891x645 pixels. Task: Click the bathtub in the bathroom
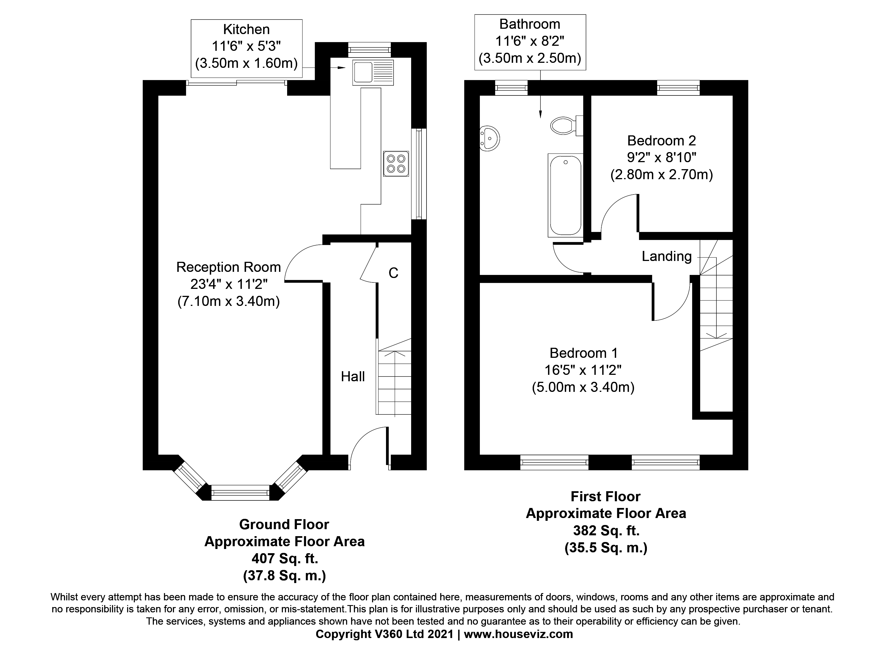(565, 195)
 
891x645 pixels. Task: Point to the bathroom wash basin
(489, 138)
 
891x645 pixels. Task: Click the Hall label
(352, 377)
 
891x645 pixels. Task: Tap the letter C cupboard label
(393, 273)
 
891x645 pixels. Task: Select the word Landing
(666, 256)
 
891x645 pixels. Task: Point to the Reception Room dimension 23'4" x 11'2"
(229, 284)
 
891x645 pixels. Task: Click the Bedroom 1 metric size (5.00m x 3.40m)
(583, 387)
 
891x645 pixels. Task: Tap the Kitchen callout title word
(246, 29)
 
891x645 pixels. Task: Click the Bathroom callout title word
(530, 24)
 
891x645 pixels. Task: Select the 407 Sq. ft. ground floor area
(284, 558)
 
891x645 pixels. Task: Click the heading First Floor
(605, 497)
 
